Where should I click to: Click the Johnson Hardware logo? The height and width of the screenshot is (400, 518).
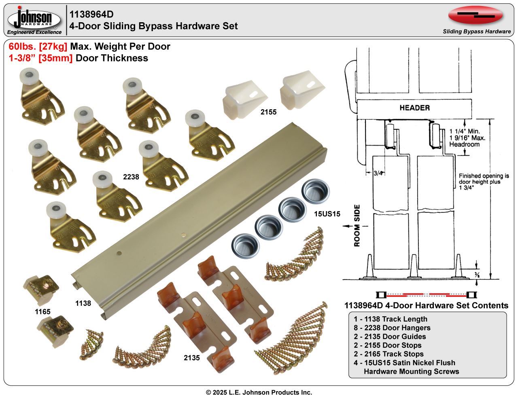pos(34,19)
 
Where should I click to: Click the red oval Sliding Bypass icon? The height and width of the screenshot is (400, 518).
pos(475,15)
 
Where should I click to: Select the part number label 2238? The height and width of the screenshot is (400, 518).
pos(131,177)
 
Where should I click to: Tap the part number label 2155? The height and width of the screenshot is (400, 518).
pos(268,112)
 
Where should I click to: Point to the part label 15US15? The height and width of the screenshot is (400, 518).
pos(327,214)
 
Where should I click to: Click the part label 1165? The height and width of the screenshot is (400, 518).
pos(42,311)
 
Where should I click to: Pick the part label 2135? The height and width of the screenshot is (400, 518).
pos(192,358)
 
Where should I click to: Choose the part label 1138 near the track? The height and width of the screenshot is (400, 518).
pos(83,303)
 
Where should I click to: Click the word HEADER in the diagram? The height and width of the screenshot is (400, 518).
pos(414,108)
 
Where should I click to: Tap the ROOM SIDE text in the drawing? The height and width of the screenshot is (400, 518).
pos(357,225)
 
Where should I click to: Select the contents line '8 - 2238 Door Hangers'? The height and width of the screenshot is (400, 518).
pos(392,328)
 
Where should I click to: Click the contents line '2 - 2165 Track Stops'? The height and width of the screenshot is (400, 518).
pos(388,354)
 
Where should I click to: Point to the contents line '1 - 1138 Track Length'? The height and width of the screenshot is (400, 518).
pos(390,319)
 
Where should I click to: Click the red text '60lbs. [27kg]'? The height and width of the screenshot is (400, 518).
pos(38,47)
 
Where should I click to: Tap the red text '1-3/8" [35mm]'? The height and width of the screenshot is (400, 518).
pos(40,58)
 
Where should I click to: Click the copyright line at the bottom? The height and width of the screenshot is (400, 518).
pos(259,392)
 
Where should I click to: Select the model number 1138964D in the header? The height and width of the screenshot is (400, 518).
pos(91,15)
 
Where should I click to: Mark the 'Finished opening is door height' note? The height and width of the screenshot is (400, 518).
pos(484,182)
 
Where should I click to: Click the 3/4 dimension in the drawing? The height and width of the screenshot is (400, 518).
pos(378,173)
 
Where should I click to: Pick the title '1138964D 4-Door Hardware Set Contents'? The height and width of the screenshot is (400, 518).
pos(426,305)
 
